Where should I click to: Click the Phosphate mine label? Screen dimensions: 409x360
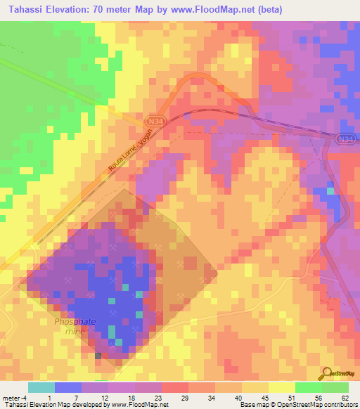[75, 327]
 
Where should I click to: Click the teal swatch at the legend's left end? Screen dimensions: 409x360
[41, 387]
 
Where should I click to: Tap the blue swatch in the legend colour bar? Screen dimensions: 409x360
[67, 387]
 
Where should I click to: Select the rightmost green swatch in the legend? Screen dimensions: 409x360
[335, 387]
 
